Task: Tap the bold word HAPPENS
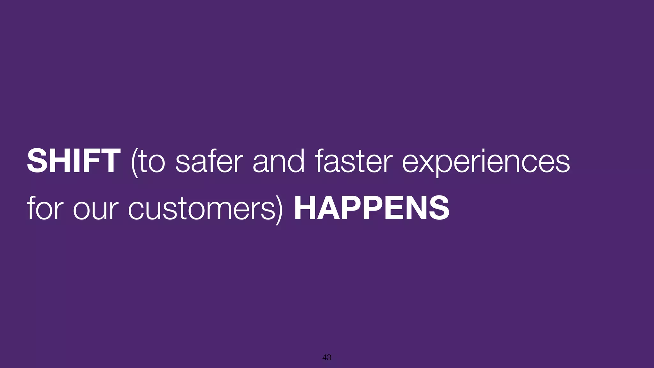pos(371,208)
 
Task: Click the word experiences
pos(486,162)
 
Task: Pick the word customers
pos(202,209)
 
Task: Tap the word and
pos(278,161)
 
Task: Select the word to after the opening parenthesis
pos(152,162)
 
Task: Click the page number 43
pos(327,357)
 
